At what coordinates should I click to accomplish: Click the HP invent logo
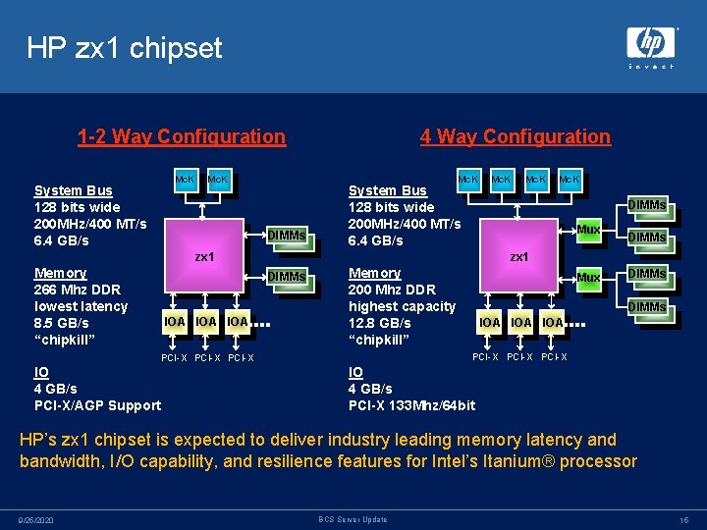coord(651,47)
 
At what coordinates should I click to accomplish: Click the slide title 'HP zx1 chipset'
coord(125,48)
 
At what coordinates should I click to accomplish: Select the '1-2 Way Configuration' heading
coord(182,136)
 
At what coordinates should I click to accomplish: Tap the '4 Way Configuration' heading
coord(515,136)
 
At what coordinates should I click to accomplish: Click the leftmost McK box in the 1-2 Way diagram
coord(185,182)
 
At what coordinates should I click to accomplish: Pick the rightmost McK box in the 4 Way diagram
coord(570,181)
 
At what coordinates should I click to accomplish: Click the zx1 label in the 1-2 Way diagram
coord(204,257)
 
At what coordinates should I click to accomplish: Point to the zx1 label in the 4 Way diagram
coord(518,257)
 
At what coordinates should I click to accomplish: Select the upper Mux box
coord(587,230)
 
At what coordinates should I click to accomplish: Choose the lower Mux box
coord(587,278)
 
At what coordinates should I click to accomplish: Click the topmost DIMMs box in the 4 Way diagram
coord(647,204)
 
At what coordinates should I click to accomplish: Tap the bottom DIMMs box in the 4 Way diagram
coord(647,307)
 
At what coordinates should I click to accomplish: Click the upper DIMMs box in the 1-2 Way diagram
coord(287,234)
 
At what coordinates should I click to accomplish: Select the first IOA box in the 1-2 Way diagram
coord(175,321)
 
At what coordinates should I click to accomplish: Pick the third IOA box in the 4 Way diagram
coord(553,322)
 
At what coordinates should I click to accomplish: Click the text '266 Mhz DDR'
coord(77,290)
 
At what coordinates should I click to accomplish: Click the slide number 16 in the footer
coord(684,519)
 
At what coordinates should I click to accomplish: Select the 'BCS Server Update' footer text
coord(353,519)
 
